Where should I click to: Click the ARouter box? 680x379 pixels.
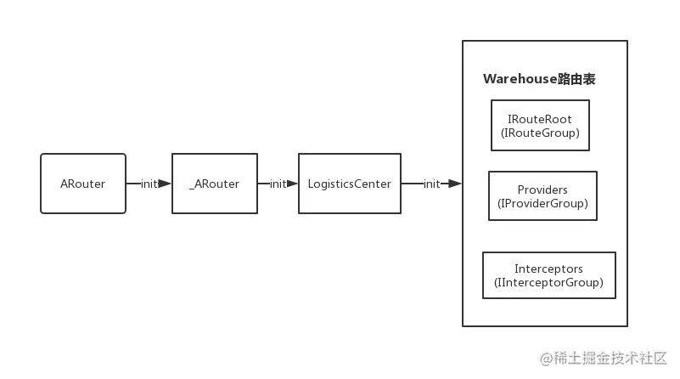pyautogui.click(x=83, y=184)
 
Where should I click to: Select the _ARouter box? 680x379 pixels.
pyautogui.click(x=214, y=184)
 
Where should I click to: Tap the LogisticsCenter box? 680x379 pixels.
pyautogui.click(x=349, y=184)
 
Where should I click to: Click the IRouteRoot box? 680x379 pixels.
pyautogui.click(x=540, y=126)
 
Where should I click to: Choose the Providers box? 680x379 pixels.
pyautogui.click(x=542, y=195)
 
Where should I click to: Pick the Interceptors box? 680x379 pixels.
pyautogui.click(x=548, y=275)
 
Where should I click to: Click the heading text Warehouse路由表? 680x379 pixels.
pyautogui.click(x=539, y=79)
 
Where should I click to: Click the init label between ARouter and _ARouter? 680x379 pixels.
pyautogui.click(x=149, y=184)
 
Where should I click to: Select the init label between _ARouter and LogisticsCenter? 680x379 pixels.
pyautogui.click(x=277, y=184)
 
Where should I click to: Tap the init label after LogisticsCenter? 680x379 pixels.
pyautogui.click(x=431, y=184)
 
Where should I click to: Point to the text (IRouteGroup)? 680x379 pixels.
pyautogui.click(x=540, y=133)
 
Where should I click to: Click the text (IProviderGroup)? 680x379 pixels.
pyautogui.click(x=542, y=203)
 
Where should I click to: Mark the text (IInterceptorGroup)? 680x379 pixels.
pyautogui.click(x=548, y=283)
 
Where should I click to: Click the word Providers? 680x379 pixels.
pyautogui.click(x=542, y=189)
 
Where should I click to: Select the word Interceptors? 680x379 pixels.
pyautogui.click(x=548, y=269)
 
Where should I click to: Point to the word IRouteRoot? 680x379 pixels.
pyautogui.click(x=540, y=119)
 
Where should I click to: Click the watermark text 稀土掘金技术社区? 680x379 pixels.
pyautogui.click(x=610, y=358)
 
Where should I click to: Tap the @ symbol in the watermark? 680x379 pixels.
pyautogui.click(x=545, y=358)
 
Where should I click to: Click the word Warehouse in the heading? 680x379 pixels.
pyautogui.click(x=520, y=79)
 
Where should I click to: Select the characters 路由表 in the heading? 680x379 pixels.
pyautogui.click(x=576, y=79)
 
